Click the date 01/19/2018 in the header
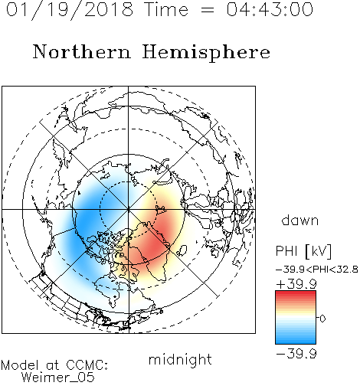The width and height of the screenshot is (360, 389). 70,10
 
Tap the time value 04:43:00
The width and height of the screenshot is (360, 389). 270,9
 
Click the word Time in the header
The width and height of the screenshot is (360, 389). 166,9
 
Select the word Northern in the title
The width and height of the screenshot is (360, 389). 82,51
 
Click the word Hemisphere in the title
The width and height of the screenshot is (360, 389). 206,53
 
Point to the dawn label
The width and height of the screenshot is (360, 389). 300,220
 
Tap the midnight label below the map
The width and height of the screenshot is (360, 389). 180,359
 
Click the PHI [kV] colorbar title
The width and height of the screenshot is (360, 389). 303,251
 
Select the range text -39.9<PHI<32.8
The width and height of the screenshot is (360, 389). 317,270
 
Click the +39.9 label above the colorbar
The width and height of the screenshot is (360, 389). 296,284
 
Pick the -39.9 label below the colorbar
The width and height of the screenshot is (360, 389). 296,354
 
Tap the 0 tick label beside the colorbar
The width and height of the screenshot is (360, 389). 322,319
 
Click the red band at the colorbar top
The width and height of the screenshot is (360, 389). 296,294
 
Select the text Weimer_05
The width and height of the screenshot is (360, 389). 58,378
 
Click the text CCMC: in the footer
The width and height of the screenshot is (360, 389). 87,365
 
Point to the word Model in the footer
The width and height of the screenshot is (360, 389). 21,365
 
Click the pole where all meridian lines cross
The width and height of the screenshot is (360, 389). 129,209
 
